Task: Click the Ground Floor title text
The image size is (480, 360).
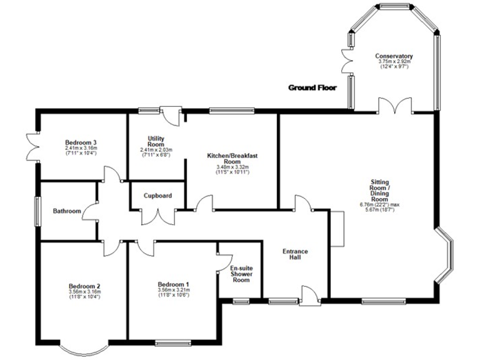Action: (312, 87)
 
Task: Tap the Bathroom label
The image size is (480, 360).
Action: (67, 211)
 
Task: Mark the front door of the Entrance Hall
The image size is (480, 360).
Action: (307, 296)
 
